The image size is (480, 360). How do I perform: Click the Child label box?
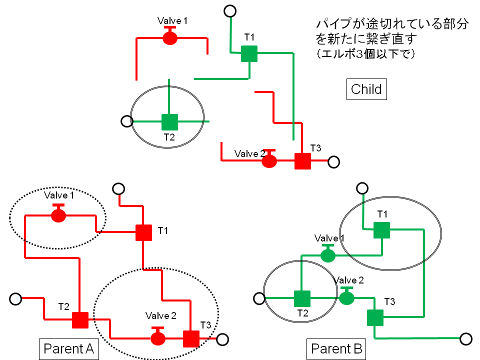(x=366, y=89)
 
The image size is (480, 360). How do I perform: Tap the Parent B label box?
(x=336, y=348)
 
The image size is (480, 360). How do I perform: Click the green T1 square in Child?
(x=249, y=53)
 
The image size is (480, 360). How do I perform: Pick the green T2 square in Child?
(x=169, y=122)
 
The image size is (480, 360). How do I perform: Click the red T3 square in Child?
(x=302, y=161)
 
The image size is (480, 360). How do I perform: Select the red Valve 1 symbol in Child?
(x=170, y=38)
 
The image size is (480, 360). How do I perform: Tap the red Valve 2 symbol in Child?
(x=269, y=160)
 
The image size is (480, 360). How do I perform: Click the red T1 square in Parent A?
(x=144, y=233)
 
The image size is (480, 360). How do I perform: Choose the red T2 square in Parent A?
(x=80, y=320)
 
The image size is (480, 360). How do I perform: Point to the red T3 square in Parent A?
(x=191, y=338)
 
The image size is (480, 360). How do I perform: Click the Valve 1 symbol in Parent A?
(x=58, y=215)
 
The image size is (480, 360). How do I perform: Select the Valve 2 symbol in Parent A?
(x=158, y=337)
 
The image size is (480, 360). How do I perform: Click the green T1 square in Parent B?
(x=381, y=230)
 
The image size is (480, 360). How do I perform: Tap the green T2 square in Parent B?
(x=302, y=298)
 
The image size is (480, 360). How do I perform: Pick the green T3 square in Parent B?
(x=375, y=317)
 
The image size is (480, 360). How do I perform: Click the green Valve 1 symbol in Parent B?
(x=327, y=255)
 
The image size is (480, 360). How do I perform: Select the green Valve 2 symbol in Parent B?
(x=346, y=298)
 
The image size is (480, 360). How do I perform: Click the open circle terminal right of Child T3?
(x=333, y=162)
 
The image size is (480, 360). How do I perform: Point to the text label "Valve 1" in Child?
(x=172, y=21)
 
